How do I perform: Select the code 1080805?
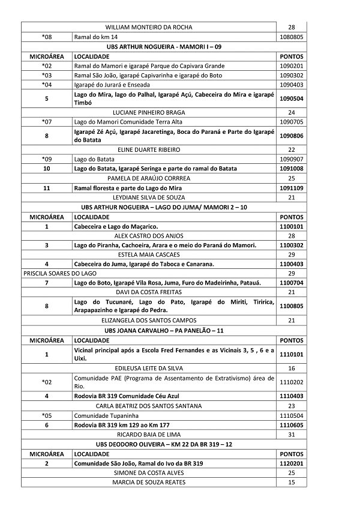click(x=291, y=37)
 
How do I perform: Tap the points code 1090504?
click(x=292, y=98)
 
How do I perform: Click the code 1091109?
click(x=292, y=188)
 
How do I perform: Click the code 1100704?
click(x=292, y=282)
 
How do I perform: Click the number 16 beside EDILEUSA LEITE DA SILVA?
click(x=292, y=368)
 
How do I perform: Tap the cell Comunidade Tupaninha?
click(x=103, y=415)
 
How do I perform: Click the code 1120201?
click(x=292, y=463)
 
